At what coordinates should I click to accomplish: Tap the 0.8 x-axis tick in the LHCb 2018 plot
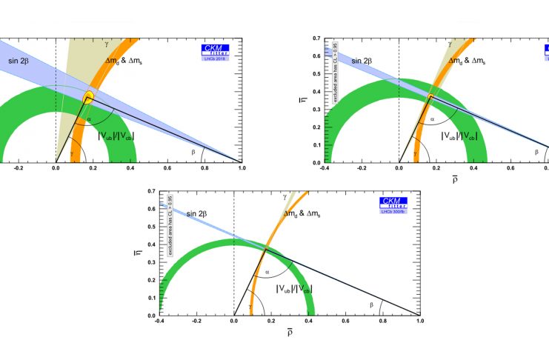coord(204,169)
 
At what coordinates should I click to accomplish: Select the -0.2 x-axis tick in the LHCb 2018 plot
coord(19,169)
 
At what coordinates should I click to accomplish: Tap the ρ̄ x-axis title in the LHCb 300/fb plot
coord(290,333)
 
